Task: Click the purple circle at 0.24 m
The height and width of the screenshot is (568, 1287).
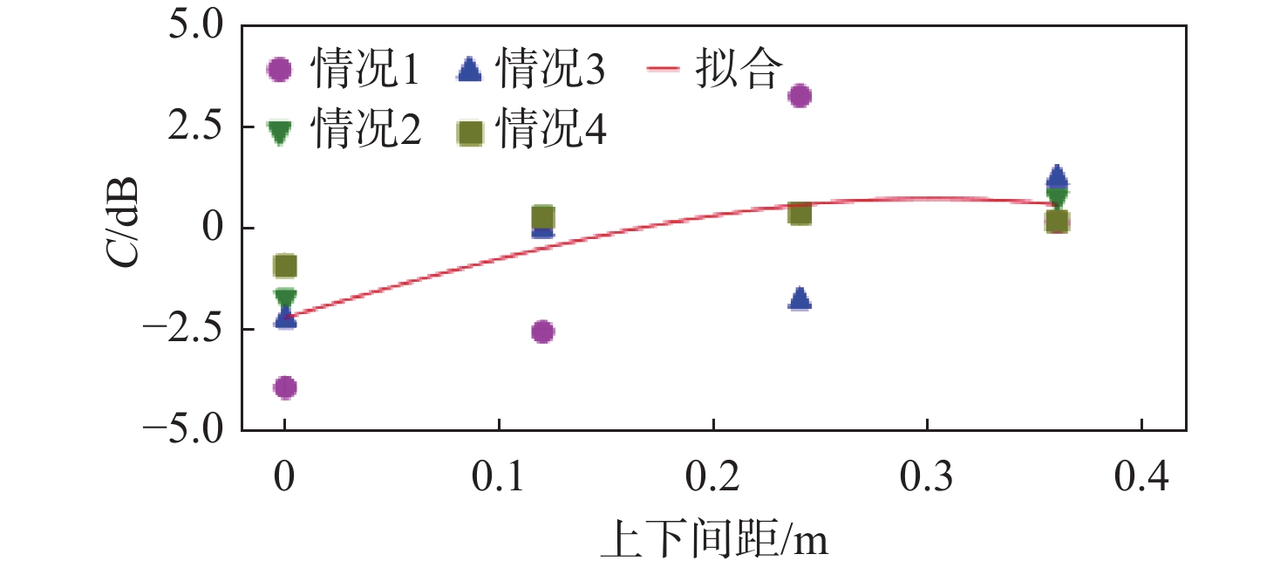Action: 800,95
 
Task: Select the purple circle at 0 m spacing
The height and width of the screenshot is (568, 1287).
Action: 285,387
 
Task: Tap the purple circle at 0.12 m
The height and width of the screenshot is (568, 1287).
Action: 542,332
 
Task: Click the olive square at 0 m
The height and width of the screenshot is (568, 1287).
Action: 285,265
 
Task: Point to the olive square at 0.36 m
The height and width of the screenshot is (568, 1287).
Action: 1057,222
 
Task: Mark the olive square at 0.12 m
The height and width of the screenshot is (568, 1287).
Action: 542,217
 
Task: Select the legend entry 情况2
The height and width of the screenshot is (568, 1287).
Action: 344,133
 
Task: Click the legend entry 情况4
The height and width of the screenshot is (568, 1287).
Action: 531,133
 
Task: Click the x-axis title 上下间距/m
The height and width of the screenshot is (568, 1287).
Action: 713,543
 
